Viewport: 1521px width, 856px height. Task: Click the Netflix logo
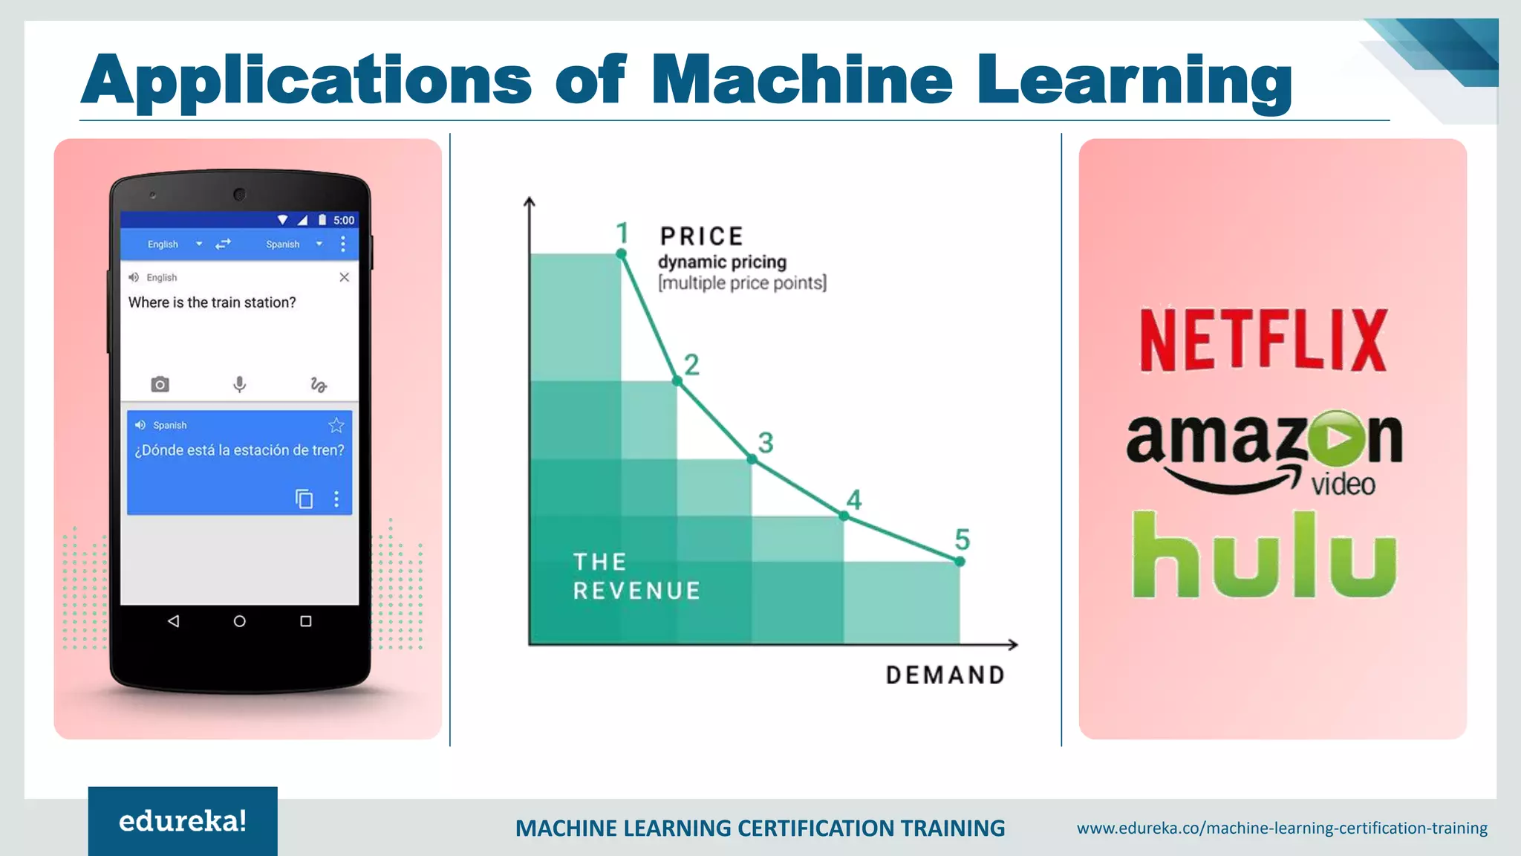point(1263,340)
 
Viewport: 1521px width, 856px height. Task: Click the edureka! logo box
point(183,820)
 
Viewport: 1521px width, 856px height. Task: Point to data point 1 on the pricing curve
point(622,254)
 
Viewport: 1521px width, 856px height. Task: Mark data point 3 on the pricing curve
point(752,459)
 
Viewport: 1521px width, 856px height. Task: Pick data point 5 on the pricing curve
point(960,561)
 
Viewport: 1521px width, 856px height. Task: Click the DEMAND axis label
point(945,675)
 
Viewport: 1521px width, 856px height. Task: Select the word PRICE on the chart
point(702,236)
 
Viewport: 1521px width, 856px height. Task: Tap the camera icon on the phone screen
point(160,384)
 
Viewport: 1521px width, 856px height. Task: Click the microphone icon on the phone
point(239,384)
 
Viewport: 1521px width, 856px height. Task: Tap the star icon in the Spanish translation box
point(336,425)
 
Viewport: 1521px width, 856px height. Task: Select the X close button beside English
point(344,277)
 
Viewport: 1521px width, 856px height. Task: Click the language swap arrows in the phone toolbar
point(223,244)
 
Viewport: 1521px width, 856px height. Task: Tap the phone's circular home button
point(239,621)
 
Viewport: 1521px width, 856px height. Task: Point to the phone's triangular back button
point(173,621)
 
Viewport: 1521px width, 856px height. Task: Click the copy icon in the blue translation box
point(304,499)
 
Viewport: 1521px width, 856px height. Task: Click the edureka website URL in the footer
point(1282,828)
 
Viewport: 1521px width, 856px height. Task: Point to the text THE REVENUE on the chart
point(636,576)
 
